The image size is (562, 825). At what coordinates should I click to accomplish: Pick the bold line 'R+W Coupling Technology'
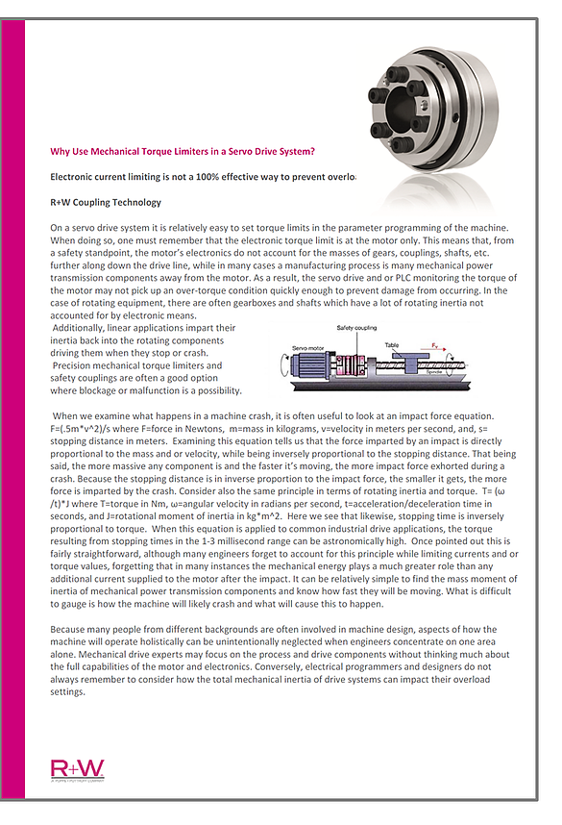[106, 203]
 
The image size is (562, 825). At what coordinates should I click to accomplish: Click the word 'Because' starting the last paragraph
[68, 627]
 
